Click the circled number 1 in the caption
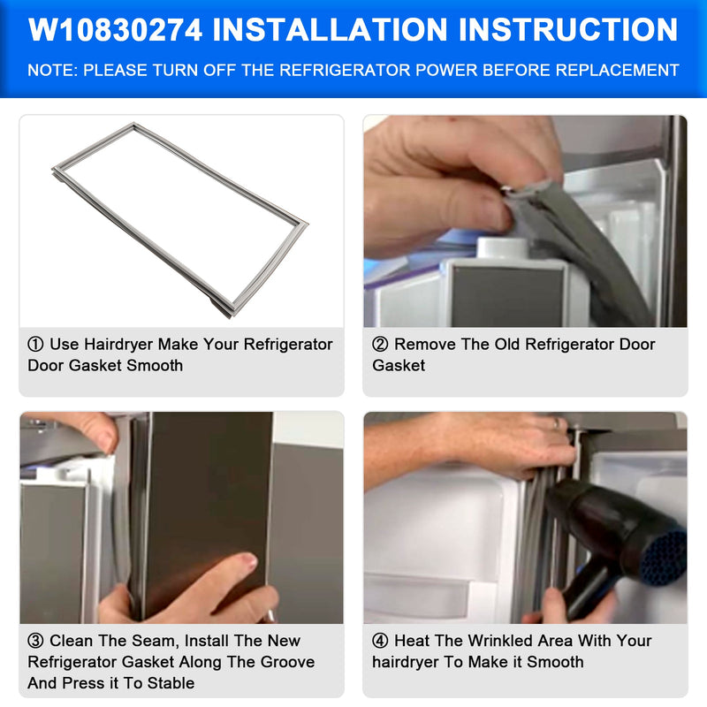pos(35,345)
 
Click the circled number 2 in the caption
pos(380,345)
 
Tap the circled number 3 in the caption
pos(35,641)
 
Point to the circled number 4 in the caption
pos(380,641)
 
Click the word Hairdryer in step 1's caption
pos(118,345)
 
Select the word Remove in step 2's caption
pos(423,345)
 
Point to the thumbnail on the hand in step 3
pos(249,562)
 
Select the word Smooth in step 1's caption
pos(155,365)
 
